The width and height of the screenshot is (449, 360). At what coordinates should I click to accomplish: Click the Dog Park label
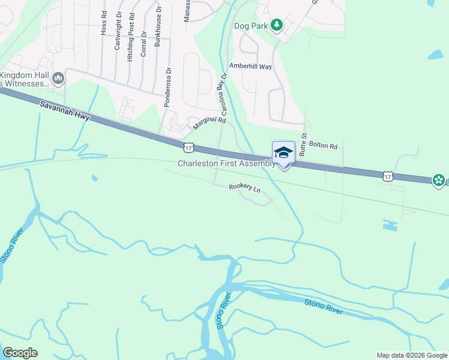click(x=250, y=25)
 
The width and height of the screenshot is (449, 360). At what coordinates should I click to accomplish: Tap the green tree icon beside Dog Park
click(x=276, y=25)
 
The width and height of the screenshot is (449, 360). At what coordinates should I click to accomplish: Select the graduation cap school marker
click(x=283, y=154)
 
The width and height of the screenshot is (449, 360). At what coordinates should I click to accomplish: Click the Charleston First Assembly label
click(x=226, y=163)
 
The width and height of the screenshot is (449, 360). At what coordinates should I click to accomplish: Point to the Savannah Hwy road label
click(x=65, y=112)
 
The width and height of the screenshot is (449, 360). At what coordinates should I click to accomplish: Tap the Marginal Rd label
click(x=209, y=124)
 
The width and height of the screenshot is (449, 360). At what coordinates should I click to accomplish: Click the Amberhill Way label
click(x=250, y=66)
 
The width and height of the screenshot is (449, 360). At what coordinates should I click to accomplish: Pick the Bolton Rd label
click(x=326, y=146)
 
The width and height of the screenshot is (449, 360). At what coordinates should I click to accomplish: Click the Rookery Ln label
click(x=244, y=188)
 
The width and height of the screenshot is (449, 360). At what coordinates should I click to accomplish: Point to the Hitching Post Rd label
click(x=130, y=38)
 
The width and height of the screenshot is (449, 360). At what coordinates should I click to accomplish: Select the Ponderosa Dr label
click(x=169, y=87)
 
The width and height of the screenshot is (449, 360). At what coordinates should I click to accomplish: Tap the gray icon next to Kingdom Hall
click(x=58, y=78)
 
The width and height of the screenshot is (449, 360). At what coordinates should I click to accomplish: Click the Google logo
click(x=20, y=353)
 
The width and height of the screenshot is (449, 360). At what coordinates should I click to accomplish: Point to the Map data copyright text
click(x=411, y=355)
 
